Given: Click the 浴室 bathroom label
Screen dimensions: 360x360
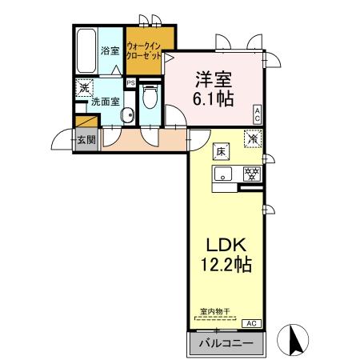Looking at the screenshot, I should click(x=110, y=50).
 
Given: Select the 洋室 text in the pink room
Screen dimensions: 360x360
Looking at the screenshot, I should click(x=213, y=80).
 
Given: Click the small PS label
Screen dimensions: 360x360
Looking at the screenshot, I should click(x=130, y=82).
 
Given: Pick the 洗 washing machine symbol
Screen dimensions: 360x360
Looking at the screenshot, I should click(x=83, y=89).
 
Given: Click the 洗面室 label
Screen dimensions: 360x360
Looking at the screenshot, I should click(x=105, y=102).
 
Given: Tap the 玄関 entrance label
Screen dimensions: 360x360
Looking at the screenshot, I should click(x=86, y=139).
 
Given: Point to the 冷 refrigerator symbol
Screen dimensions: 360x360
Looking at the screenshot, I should click(x=252, y=138).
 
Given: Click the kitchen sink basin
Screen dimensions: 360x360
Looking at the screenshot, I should click(x=223, y=174).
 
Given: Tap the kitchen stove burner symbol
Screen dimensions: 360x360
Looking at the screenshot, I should click(x=250, y=173).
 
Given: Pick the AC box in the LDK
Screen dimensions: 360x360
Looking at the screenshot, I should click(x=250, y=323).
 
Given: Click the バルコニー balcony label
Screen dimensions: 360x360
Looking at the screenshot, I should click(x=225, y=344).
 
